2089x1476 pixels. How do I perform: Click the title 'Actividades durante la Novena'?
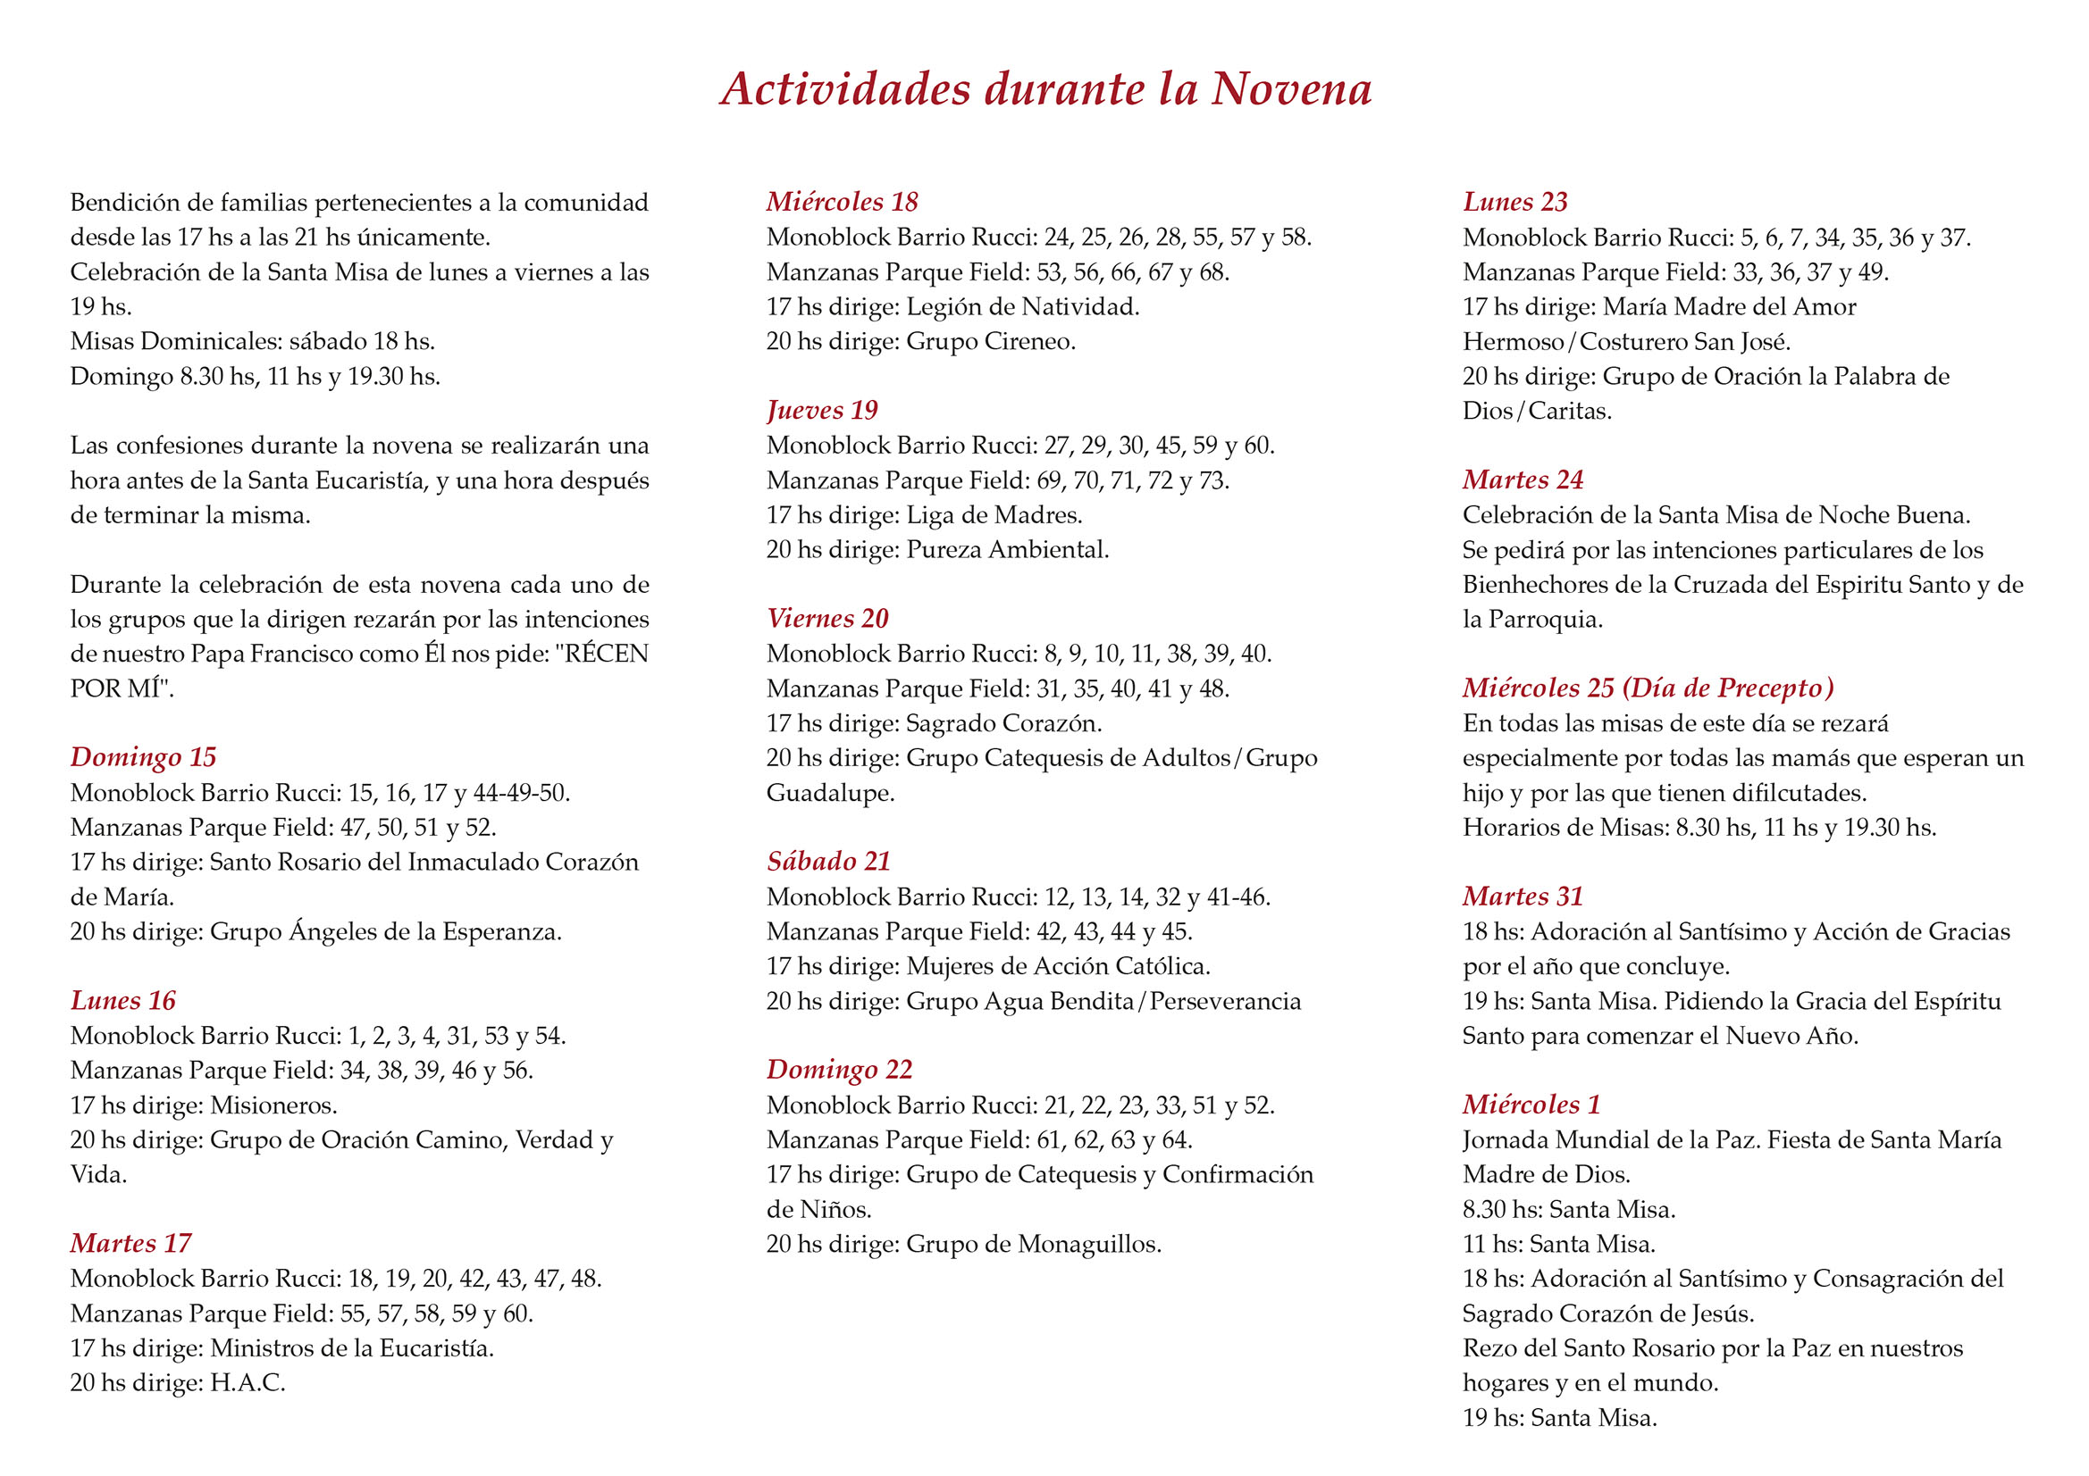pyautogui.click(x=1045, y=90)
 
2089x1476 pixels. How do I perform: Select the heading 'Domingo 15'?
pyautogui.click(x=143, y=756)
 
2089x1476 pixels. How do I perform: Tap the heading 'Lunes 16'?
pyautogui.click(x=122, y=1000)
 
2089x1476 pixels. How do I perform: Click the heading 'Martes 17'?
pyautogui.click(x=131, y=1243)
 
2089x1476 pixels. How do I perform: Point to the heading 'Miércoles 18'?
pyautogui.click(x=842, y=202)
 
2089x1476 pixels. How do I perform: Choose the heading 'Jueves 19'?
pyautogui.click(x=822, y=410)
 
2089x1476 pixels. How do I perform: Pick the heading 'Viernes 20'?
pyautogui.click(x=827, y=619)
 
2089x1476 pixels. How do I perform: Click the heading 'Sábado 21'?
pyautogui.click(x=828, y=862)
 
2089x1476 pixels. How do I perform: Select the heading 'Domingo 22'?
pyautogui.click(x=839, y=1070)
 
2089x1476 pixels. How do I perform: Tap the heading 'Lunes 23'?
pyautogui.click(x=1514, y=202)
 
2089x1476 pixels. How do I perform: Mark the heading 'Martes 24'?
pyautogui.click(x=1523, y=479)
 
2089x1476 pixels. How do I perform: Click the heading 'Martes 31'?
pyautogui.click(x=1523, y=896)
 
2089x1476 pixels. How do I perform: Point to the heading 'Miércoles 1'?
pyautogui.click(x=1531, y=1105)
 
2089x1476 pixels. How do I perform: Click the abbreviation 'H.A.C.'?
pyautogui.click(x=247, y=1383)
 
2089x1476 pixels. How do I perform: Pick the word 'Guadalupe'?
pyautogui.click(x=830, y=793)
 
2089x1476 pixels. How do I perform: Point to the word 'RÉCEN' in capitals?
pyautogui.click(x=606, y=654)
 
